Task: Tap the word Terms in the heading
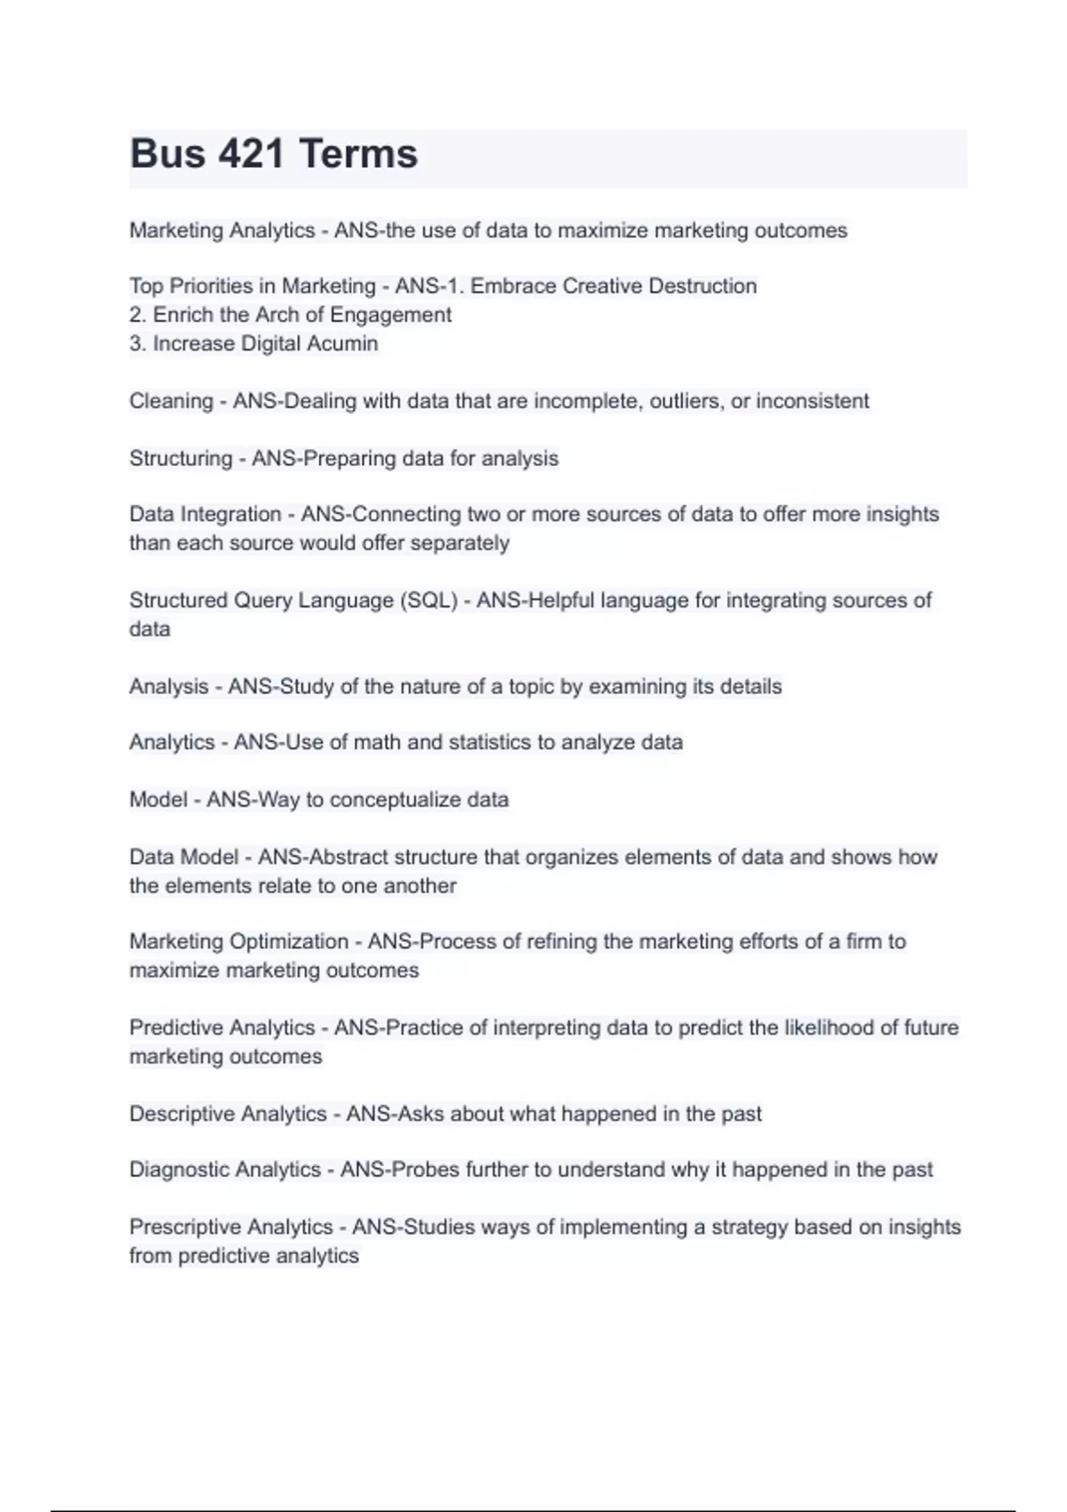(358, 154)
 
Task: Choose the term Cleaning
(171, 401)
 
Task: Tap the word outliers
(686, 401)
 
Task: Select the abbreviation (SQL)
(429, 600)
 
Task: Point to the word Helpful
(561, 600)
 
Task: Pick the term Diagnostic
(179, 1170)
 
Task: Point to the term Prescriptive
(186, 1227)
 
